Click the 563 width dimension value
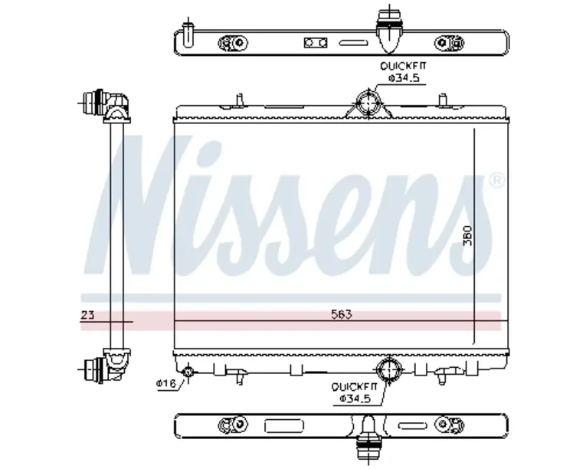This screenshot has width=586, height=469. [342, 314]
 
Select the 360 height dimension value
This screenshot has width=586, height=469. [467, 235]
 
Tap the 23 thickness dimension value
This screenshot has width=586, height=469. [88, 315]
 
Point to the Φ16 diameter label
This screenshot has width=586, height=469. [166, 383]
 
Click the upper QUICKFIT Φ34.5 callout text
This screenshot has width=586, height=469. [403, 72]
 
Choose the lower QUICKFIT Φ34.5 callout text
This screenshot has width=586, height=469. [355, 392]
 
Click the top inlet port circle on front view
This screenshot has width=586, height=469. [369, 103]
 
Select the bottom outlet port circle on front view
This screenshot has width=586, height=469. [388, 370]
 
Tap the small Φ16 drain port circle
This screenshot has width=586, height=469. [188, 372]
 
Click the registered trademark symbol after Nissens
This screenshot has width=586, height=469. [496, 181]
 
